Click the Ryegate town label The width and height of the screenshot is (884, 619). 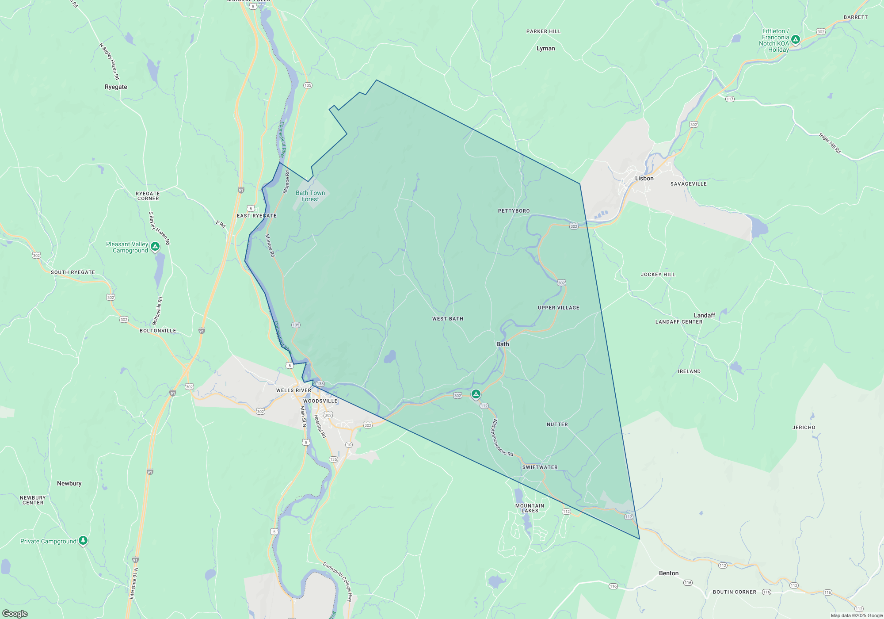116,87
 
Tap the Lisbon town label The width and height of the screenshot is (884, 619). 644,178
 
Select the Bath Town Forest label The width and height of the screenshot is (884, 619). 310,196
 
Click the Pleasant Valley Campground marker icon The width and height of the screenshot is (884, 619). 155,246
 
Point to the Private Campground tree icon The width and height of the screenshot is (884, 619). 83,540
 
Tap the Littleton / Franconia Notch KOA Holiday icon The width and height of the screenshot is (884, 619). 795,40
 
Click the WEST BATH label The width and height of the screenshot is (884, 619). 448,319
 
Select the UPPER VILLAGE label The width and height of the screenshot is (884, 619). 558,308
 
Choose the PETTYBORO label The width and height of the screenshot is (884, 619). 514,211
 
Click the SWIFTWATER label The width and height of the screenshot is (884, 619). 540,467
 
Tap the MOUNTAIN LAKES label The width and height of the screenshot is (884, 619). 530,508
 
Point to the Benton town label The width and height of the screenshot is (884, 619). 668,573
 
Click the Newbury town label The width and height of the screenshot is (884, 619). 69,483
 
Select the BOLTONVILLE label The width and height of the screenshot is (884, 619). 158,331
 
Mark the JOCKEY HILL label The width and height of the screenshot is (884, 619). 658,275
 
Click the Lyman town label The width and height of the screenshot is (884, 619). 545,49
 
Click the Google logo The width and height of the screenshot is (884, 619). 15,613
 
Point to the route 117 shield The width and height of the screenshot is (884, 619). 730,99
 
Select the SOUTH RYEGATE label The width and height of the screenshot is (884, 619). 73,272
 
